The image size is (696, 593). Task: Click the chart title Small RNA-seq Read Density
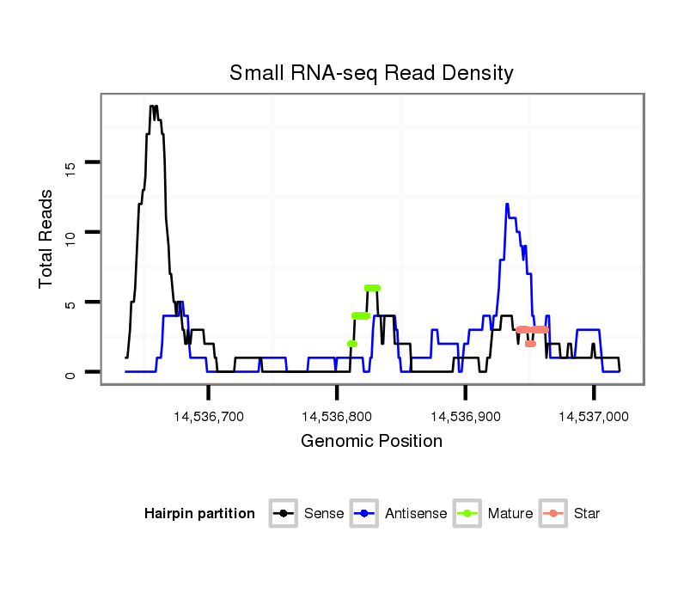[x=371, y=73]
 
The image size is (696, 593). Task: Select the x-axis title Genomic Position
[x=371, y=442]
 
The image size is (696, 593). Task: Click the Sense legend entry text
[x=324, y=514]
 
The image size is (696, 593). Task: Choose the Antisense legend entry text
[x=416, y=514]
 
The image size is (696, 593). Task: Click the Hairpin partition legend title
[x=199, y=514]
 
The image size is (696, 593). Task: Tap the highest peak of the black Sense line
[x=153, y=107]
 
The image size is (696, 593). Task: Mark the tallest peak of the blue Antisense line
[x=507, y=204]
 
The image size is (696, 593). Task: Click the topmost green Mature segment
[x=372, y=288]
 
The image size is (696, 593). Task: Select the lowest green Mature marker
[x=352, y=344]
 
